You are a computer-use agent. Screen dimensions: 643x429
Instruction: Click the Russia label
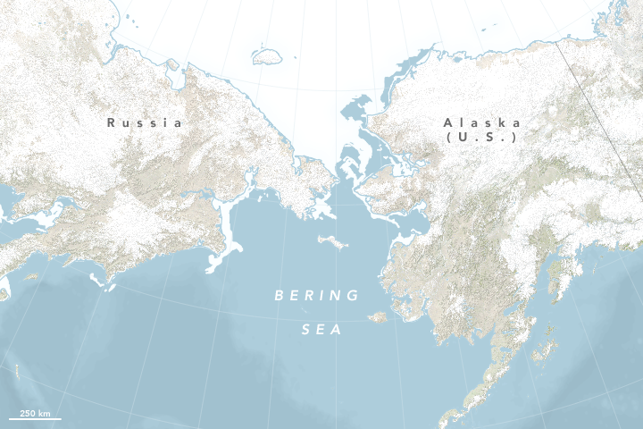click(x=144, y=122)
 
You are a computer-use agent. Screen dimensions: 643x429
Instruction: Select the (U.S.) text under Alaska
click(x=481, y=138)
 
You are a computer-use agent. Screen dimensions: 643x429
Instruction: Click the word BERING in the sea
click(x=317, y=295)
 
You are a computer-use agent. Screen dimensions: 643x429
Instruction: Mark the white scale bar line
click(x=35, y=417)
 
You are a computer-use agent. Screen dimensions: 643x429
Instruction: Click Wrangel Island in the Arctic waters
click(x=266, y=56)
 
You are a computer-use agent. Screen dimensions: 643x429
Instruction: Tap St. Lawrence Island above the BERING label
click(x=330, y=242)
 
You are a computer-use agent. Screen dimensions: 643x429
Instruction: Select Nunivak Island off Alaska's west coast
click(x=378, y=316)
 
